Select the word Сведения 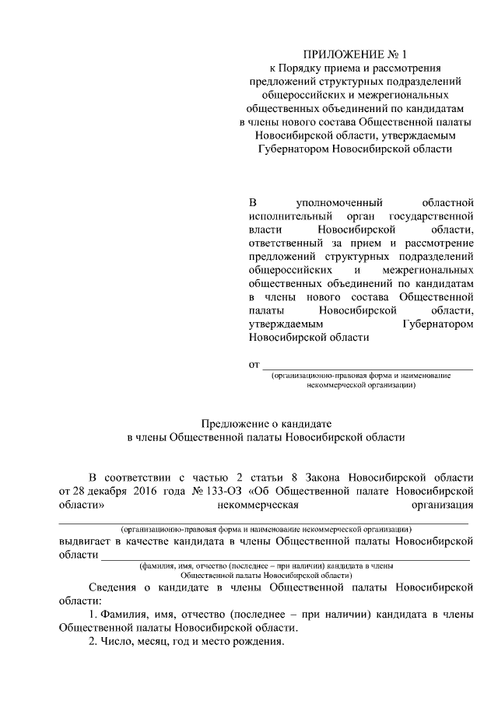[x=114, y=588]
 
